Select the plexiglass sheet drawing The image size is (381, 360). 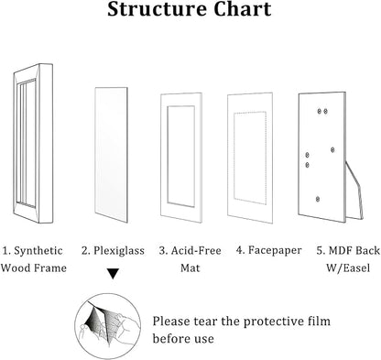tap(111, 155)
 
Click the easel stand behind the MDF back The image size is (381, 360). tap(355, 190)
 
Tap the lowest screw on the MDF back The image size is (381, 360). tap(318, 199)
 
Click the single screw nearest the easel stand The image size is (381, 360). tap(332, 149)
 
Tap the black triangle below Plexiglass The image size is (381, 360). tap(114, 273)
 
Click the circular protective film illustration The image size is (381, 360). tap(108, 326)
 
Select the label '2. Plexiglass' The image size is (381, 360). tap(113, 251)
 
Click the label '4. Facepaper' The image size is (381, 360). tap(268, 250)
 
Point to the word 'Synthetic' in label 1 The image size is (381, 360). tap(38, 251)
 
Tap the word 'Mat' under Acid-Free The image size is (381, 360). tap(190, 268)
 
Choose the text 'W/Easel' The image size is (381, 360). tap(348, 268)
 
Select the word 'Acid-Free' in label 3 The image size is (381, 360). tap(196, 251)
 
